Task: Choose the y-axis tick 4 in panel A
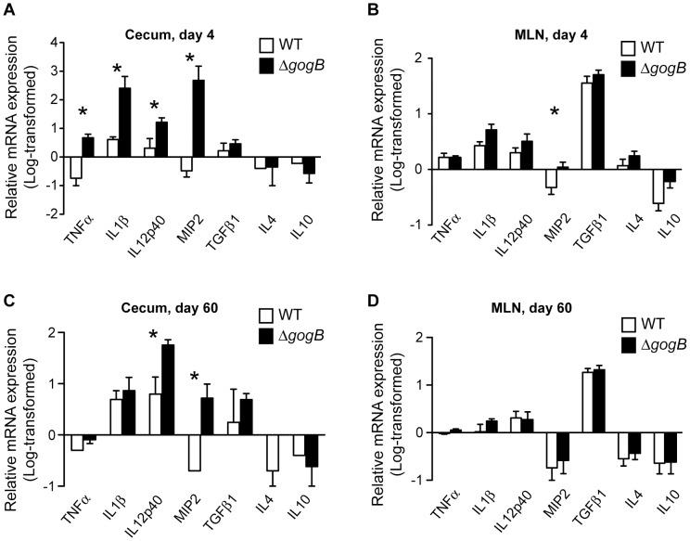[54, 43]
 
